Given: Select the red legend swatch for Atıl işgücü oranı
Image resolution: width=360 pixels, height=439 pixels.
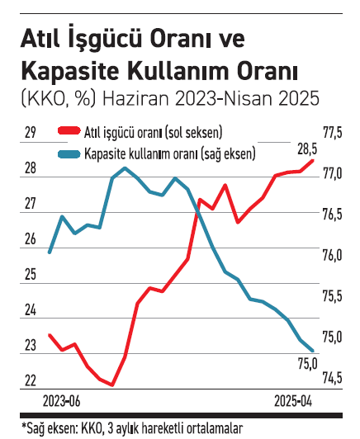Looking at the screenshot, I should tap(66, 132).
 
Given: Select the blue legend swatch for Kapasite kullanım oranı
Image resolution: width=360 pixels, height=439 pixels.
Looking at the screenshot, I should tap(66, 153).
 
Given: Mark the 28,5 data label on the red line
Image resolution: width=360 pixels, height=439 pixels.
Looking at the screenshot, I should tap(307, 149).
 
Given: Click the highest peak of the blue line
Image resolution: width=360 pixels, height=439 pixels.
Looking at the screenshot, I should tap(125, 168).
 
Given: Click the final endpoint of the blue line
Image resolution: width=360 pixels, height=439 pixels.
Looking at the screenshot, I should tap(313, 351).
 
